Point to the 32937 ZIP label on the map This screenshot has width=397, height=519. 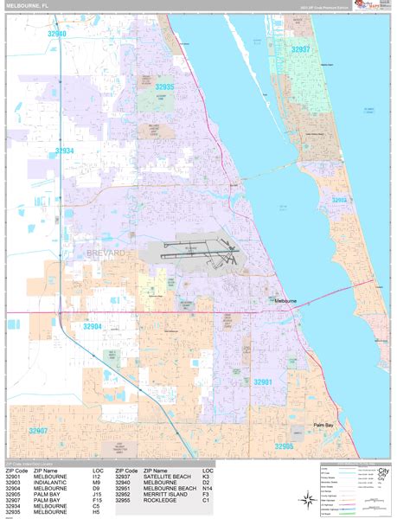point(300,49)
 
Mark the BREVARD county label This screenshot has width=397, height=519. point(107,253)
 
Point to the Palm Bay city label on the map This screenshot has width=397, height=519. point(323,425)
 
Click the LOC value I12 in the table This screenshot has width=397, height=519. point(97,477)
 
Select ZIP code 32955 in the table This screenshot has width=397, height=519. point(125,501)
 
